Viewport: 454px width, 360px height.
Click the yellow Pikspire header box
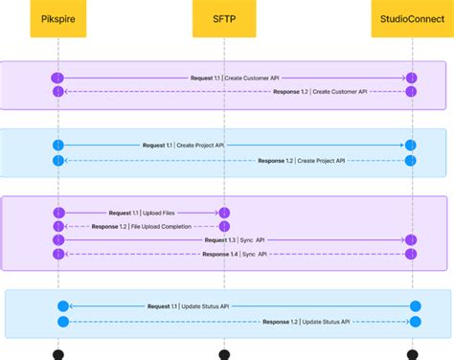coord(58,18)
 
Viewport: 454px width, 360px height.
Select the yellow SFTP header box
coord(223,18)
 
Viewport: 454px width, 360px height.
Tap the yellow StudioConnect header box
coord(412,18)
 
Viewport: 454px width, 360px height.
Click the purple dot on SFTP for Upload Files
coord(223,212)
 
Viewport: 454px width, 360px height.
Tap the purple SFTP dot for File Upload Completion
coord(223,226)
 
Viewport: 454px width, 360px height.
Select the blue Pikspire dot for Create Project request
coord(58,146)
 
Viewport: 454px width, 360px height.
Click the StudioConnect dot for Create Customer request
coord(412,77)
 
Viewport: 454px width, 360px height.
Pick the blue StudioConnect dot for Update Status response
coord(415,322)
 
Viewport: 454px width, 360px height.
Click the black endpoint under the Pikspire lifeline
coord(58,355)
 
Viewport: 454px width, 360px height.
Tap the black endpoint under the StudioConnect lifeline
coord(413,355)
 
